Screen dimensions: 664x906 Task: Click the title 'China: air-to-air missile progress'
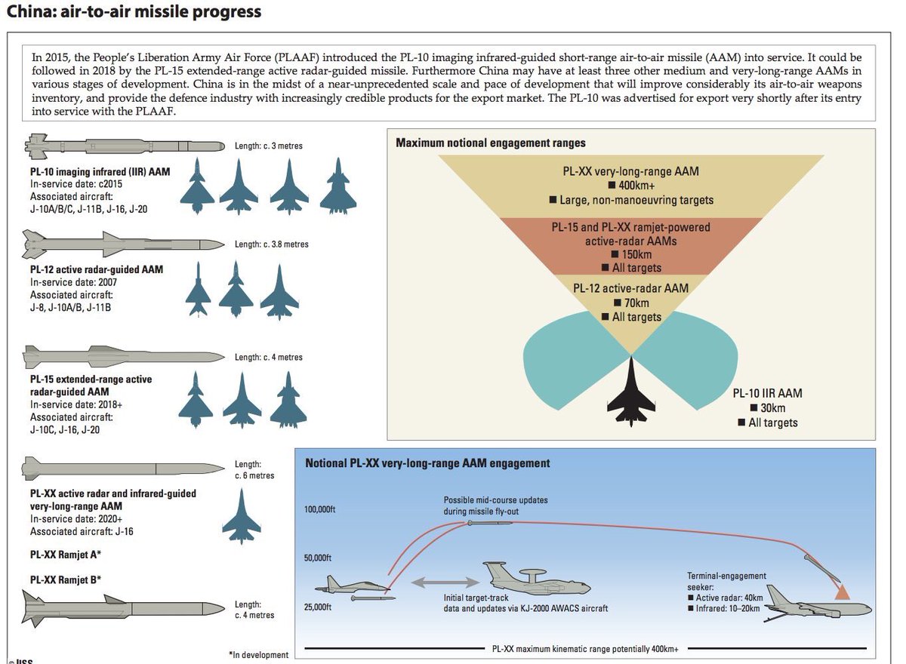pos(134,12)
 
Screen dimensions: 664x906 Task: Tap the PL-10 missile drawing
pos(125,144)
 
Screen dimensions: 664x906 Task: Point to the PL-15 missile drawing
pos(125,355)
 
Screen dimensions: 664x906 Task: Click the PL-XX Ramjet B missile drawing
pos(125,607)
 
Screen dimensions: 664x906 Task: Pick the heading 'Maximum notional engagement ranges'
pos(491,143)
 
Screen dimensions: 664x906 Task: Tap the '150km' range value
pos(633,254)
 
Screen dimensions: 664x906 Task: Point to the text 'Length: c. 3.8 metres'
pos(272,244)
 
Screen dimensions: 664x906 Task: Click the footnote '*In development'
pos(258,655)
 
